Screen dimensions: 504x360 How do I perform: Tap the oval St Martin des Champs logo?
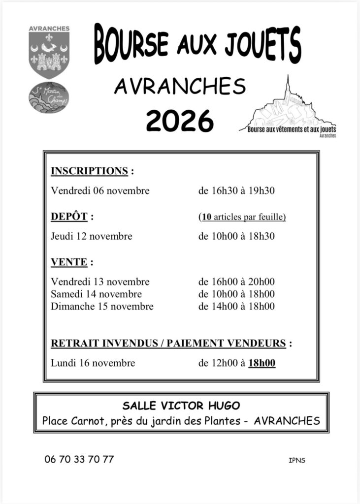point(49,97)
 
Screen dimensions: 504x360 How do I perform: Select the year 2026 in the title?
point(180,120)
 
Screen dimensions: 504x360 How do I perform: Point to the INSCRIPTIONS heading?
point(90,171)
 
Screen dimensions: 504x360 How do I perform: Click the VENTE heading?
point(69,262)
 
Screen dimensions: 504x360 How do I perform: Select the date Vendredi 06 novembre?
point(100,191)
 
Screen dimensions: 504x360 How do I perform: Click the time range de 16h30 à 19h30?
point(236,191)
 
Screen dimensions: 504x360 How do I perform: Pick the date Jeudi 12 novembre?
point(92,236)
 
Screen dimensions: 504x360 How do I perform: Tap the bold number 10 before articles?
point(206,217)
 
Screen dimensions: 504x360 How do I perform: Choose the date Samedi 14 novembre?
point(97,294)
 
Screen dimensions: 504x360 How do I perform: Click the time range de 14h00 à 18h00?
point(236,307)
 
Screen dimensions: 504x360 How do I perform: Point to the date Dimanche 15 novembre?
point(102,307)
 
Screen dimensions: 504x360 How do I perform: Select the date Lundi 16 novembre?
point(93,363)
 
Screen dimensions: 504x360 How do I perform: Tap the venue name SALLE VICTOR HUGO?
point(181,406)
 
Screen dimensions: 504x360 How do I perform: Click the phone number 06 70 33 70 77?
point(79,459)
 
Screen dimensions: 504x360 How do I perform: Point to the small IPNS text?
point(297,461)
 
